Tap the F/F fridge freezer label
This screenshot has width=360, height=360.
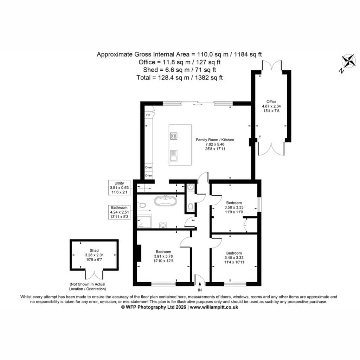pos(148,115)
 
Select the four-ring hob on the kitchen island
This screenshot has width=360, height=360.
pos(174,136)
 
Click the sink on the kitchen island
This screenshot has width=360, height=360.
pos(174,155)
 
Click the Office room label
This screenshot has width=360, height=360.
pos(271,102)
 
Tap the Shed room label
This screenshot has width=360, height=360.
pos(94,250)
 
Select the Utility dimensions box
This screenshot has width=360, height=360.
pos(119,188)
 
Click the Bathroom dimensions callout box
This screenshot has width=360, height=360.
pos(119,212)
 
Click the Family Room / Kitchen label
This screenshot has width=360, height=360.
pos(215,140)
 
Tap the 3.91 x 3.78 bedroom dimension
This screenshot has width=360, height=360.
pos(163,256)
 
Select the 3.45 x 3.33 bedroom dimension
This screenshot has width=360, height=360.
pos(234,258)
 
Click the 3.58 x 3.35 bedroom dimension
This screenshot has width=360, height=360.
pos(234,207)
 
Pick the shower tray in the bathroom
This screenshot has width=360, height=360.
pos(144,221)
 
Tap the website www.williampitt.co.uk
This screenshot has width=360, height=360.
pos(214,307)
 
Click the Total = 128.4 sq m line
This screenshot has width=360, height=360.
pos(180,78)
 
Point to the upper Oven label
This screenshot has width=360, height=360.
pos(149,167)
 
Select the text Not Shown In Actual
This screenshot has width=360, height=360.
pos(88,284)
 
